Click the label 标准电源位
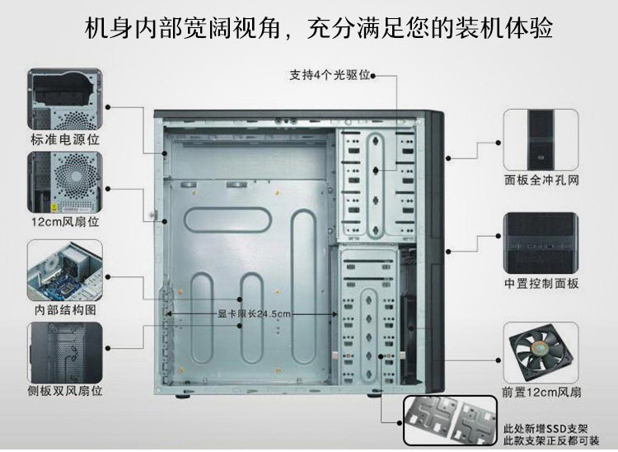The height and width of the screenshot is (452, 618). [x=65, y=139]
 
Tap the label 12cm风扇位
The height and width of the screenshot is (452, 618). [x=65, y=222]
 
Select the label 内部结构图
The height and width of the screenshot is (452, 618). [x=65, y=310]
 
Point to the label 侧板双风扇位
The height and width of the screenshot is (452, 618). [x=65, y=390]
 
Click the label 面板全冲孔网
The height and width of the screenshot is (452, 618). [x=541, y=179]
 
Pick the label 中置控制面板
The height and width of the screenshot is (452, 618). [x=541, y=283]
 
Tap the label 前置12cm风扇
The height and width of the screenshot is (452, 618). [x=541, y=393]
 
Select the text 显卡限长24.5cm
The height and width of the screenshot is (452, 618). [x=255, y=313]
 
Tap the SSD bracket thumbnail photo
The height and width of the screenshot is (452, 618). [x=448, y=420]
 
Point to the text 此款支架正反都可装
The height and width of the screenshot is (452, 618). [x=545, y=440]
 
